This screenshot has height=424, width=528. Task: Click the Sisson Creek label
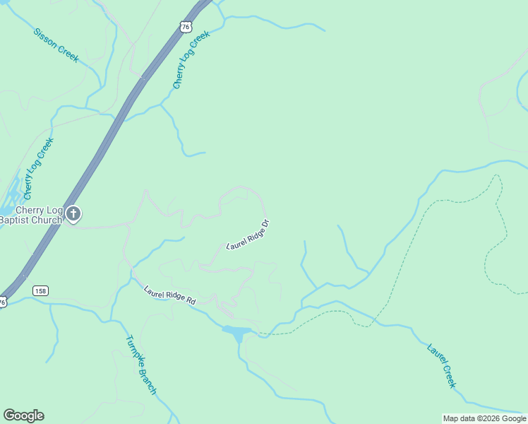[56, 45]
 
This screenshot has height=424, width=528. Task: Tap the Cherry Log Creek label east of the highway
[191, 60]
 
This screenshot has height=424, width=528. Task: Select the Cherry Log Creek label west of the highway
[39, 168]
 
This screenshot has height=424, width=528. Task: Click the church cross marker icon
[74, 213]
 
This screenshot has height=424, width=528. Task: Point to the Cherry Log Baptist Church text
[30, 215]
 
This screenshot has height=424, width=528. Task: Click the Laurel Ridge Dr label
[248, 235]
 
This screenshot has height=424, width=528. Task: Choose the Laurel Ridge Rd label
[169, 295]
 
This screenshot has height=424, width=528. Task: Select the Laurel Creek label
[442, 365]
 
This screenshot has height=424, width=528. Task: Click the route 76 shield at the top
[185, 27]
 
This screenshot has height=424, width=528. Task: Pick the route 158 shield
[40, 290]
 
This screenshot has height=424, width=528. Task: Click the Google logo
[23, 416]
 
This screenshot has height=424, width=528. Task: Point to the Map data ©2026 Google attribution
[484, 418]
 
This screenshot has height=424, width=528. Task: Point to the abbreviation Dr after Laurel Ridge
[265, 225]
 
